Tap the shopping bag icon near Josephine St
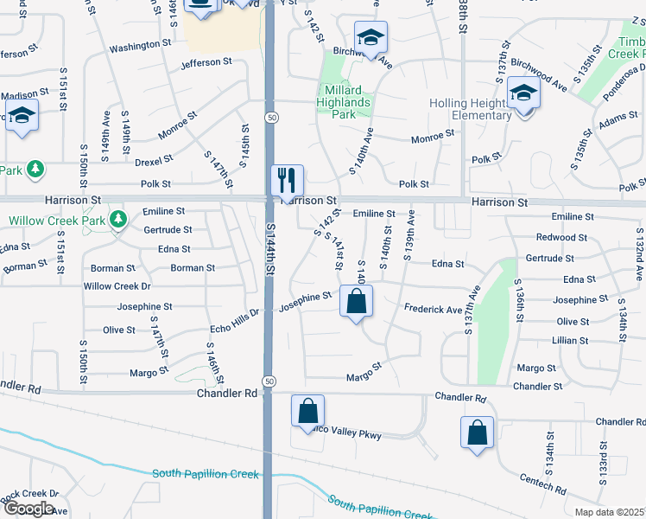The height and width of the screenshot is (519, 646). pyautogui.click(x=356, y=303)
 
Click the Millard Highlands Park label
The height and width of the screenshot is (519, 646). pyautogui.click(x=344, y=102)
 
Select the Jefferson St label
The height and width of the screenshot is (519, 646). pyautogui.click(x=206, y=62)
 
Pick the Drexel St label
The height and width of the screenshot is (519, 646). pyautogui.click(x=154, y=160)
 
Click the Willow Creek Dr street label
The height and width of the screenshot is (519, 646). pyautogui.click(x=117, y=286)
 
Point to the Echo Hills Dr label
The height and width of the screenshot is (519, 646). pyautogui.click(x=235, y=320)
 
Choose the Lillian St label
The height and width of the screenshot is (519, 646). pyautogui.click(x=571, y=341)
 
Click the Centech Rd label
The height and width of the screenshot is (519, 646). pyautogui.click(x=543, y=484)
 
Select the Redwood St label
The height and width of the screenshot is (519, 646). pyautogui.click(x=561, y=237)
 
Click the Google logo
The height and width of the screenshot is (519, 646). pyautogui.click(x=28, y=508)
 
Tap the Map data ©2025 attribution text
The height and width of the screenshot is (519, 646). pyautogui.click(x=609, y=512)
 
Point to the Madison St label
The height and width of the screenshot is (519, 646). pyautogui.click(x=21, y=96)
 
